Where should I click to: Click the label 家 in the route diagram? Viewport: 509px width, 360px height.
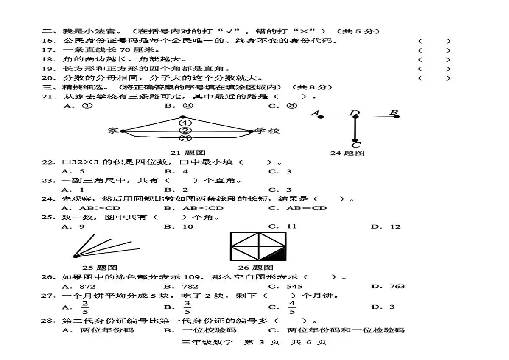(x=113, y=131)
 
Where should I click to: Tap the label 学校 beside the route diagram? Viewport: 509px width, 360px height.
(x=267, y=131)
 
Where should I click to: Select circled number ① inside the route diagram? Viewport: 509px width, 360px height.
(x=185, y=123)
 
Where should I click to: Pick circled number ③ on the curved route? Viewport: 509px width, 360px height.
(x=185, y=138)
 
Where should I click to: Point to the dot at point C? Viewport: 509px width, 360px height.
(x=355, y=140)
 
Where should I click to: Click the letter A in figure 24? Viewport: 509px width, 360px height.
(x=316, y=113)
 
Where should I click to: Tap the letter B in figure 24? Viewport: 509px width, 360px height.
(x=394, y=112)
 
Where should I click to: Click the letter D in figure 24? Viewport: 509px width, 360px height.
(x=355, y=113)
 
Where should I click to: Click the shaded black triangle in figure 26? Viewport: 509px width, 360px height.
(x=278, y=255)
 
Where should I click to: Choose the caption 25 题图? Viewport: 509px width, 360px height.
(x=100, y=268)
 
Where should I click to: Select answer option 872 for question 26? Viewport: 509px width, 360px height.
(x=87, y=286)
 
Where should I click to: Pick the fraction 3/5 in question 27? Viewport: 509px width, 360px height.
(x=187, y=307)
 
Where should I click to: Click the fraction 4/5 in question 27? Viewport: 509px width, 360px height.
(x=292, y=307)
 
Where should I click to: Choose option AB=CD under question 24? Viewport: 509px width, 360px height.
(x=307, y=208)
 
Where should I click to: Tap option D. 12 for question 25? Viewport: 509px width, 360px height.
(x=386, y=227)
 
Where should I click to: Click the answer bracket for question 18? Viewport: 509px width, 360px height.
(x=434, y=59)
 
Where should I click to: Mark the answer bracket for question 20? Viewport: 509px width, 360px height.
(x=434, y=78)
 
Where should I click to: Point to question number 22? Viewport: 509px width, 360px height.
(x=49, y=162)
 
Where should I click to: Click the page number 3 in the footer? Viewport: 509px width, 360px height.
(x=262, y=342)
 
